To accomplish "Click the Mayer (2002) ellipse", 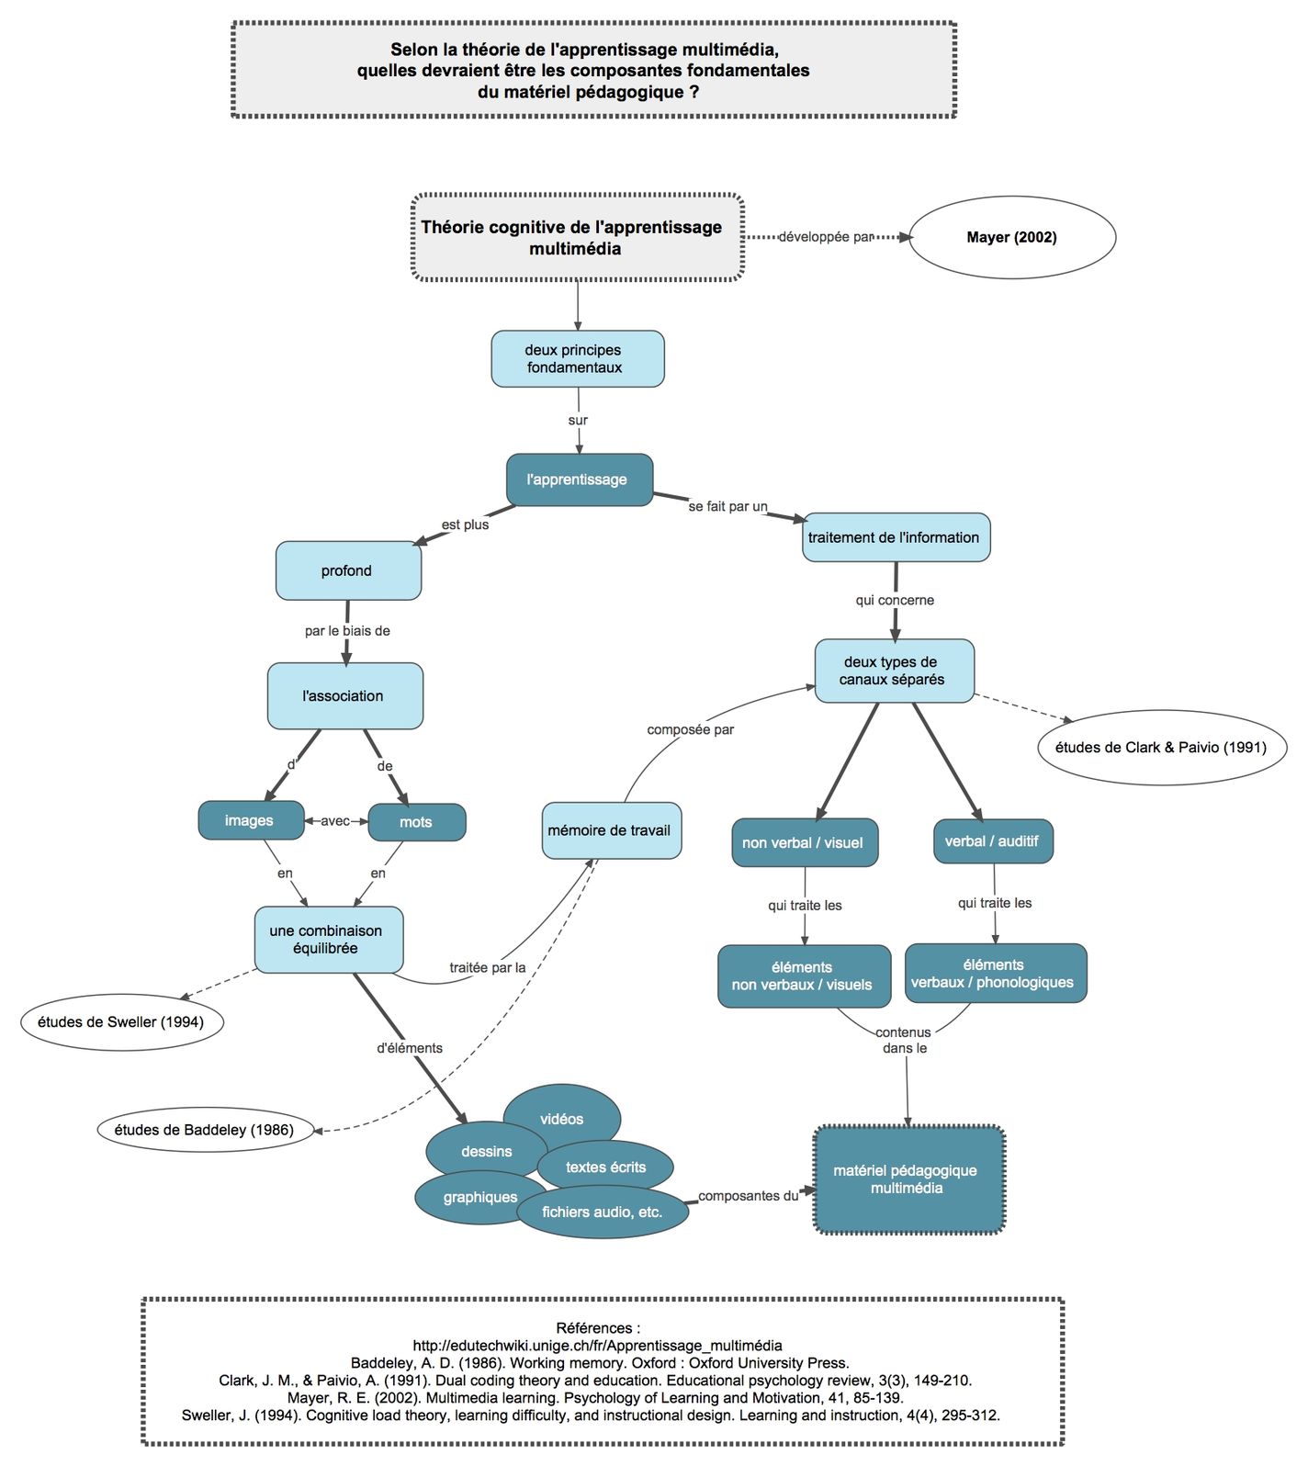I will click(x=1011, y=238).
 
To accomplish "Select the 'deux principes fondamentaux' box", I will click(x=577, y=359).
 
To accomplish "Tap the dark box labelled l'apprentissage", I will click(x=579, y=479).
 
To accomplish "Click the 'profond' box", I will click(x=347, y=570).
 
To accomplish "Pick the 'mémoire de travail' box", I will click(x=611, y=830).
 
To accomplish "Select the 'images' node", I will click(x=250, y=820).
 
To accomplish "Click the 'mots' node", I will click(x=416, y=822).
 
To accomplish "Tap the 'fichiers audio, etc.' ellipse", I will click(x=602, y=1212).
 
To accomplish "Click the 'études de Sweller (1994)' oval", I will click(x=121, y=1022).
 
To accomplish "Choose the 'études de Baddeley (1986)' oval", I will click(x=204, y=1130).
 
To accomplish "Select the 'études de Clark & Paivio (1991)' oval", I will click(x=1160, y=748).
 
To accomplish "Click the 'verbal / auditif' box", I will click(x=992, y=841).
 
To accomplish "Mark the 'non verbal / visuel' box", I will click(x=804, y=843).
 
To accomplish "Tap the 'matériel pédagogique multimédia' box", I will click(x=908, y=1179).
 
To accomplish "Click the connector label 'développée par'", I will click(x=825, y=237).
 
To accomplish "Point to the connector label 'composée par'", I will click(x=690, y=730).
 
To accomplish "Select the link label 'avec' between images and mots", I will click(x=335, y=821).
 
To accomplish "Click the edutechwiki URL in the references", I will click(x=597, y=1346).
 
